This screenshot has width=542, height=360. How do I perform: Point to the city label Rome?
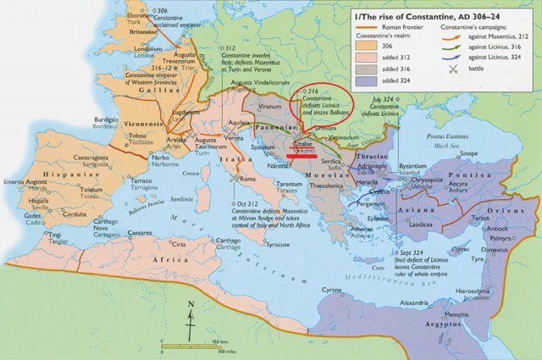click(x=248, y=179)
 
